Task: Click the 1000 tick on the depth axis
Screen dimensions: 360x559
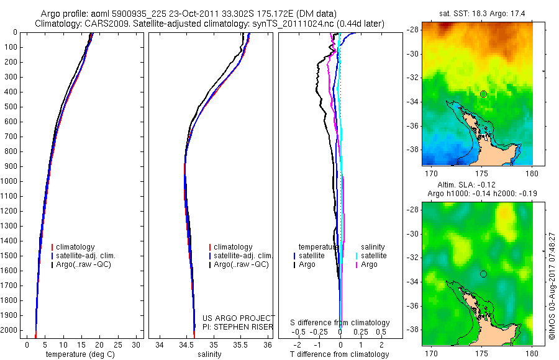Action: point(11,181)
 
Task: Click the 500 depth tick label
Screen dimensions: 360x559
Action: point(11,107)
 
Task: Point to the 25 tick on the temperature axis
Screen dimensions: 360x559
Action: point(117,344)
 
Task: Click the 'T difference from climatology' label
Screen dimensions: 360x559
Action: point(340,354)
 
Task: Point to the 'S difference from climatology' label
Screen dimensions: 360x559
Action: point(340,323)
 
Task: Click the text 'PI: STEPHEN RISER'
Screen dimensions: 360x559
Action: point(239,326)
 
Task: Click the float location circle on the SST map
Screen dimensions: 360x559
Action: point(483,94)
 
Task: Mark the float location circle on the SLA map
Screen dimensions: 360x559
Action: point(483,274)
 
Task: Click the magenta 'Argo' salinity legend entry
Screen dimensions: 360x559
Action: point(369,264)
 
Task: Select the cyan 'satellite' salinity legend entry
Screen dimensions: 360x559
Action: point(374,256)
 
